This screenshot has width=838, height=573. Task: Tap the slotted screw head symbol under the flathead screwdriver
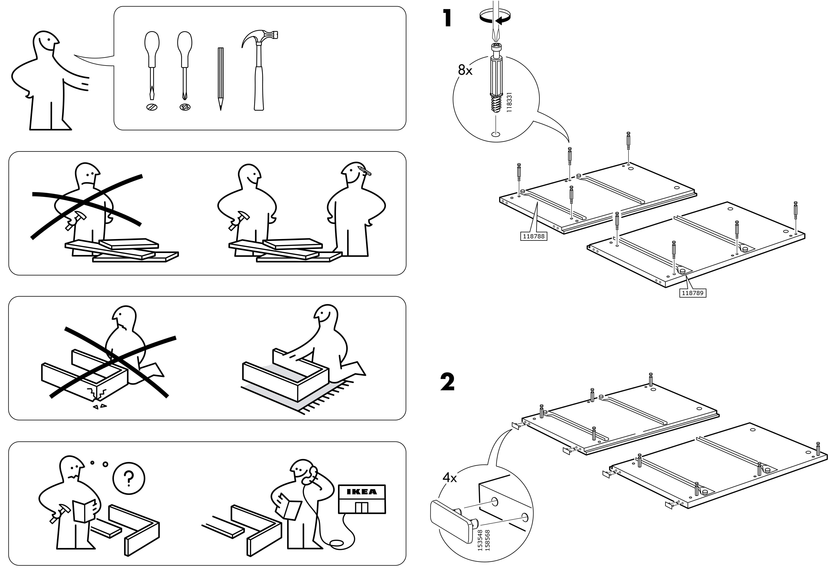(152, 107)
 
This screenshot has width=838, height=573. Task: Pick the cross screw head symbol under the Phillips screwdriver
(185, 107)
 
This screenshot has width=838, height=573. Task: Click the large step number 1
(448, 18)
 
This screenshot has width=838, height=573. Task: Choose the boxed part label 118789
(692, 293)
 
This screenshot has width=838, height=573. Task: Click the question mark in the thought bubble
(129, 479)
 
